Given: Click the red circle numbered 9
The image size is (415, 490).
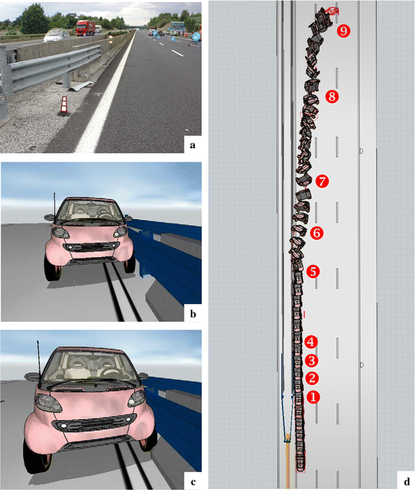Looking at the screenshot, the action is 343,31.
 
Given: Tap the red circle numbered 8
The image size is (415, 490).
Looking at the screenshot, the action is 332,97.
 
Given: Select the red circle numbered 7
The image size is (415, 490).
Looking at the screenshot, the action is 322,181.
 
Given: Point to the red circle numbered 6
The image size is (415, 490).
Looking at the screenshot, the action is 317,233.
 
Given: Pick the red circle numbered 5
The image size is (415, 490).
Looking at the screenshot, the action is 313,271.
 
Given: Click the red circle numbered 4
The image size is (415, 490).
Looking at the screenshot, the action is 311,342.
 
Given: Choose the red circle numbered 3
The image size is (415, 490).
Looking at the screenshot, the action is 311,361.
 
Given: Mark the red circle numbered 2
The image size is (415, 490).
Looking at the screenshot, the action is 312,378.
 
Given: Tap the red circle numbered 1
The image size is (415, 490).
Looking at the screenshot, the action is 313,397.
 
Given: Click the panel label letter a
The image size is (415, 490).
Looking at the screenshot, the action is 192,145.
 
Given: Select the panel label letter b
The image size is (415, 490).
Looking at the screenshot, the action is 193,313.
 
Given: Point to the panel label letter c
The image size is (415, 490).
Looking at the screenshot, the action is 193,483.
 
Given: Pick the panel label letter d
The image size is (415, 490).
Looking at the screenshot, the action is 407,482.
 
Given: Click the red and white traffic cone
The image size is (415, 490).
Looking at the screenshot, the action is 64,106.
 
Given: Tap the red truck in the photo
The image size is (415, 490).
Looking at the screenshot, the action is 86,28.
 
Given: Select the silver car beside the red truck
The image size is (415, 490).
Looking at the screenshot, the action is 57,35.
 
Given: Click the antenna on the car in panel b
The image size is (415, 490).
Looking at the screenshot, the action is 55,204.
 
